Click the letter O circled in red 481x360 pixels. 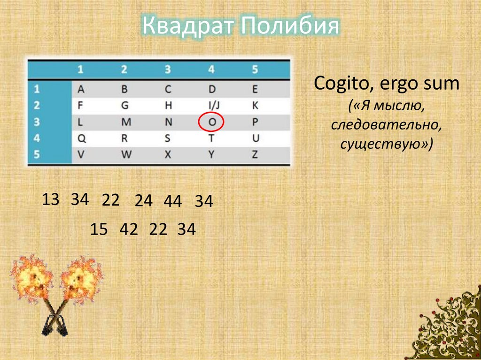(211, 122)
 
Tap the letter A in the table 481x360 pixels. (80, 89)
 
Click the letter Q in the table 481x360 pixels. (80, 138)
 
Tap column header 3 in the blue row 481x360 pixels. (168, 70)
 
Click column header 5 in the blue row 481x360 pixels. (255, 70)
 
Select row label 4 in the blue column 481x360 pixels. (38, 138)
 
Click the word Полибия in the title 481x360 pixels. (290, 26)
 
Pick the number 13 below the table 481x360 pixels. (51, 199)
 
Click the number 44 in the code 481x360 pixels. (173, 201)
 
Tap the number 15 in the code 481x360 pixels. (100, 230)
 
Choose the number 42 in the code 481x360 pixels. (129, 230)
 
